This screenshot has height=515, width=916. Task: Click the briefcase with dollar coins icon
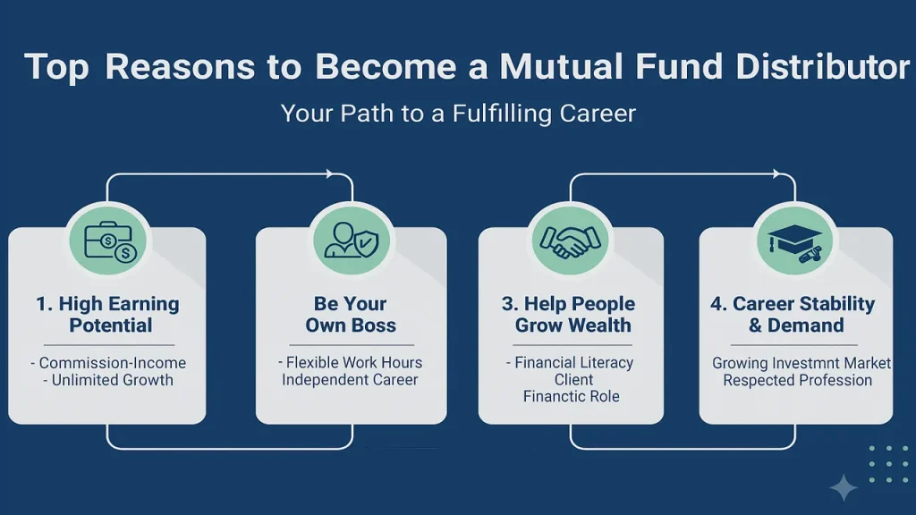pos(110,241)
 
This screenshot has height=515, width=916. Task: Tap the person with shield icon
pos(352,240)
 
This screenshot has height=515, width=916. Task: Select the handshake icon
pos(570,241)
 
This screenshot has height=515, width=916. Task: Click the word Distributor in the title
pos(823,66)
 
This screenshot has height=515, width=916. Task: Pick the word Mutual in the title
pos(561,66)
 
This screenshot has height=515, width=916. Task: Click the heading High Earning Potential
pos(108,314)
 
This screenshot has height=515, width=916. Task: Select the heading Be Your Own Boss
pos(351,314)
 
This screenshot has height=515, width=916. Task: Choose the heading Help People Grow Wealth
pos(569,314)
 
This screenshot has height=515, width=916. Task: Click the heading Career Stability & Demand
pos(793,314)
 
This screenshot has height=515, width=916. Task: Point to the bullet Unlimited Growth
pos(113,380)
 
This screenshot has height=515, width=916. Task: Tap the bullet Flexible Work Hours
pos(354,363)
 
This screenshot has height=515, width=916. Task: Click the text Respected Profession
pos(797,380)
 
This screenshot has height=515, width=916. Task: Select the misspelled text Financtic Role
pos(572,396)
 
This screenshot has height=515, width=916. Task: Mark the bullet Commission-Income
pos(112,363)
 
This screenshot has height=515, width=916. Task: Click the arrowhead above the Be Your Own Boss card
pos(330,174)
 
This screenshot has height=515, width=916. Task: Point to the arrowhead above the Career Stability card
pos(776,174)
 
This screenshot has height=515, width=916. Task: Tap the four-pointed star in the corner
pos(844,487)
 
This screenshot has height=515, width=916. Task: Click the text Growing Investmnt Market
pos(801,363)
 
